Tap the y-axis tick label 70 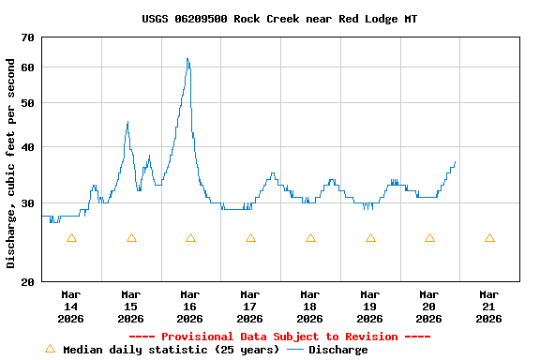click(25, 37)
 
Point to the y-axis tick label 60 click(25, 67)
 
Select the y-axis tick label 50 click(25, 103)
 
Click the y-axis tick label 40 click(25, 147)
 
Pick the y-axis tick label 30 click(25, 203)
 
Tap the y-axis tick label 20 click(25, 281)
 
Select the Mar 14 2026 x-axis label click(71, 307)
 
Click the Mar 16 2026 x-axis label click(190, 307)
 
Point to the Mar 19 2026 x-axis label click(369, 307)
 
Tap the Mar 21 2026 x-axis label click(488, 307)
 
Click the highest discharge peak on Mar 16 click(187, 59)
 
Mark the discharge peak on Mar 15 click(127, 122)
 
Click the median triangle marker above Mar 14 click(71, 238)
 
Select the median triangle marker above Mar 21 click(489, 238)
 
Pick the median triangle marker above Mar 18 click(310, 238)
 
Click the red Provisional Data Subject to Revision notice click(279, 337)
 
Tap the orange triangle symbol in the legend click(51, 349)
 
